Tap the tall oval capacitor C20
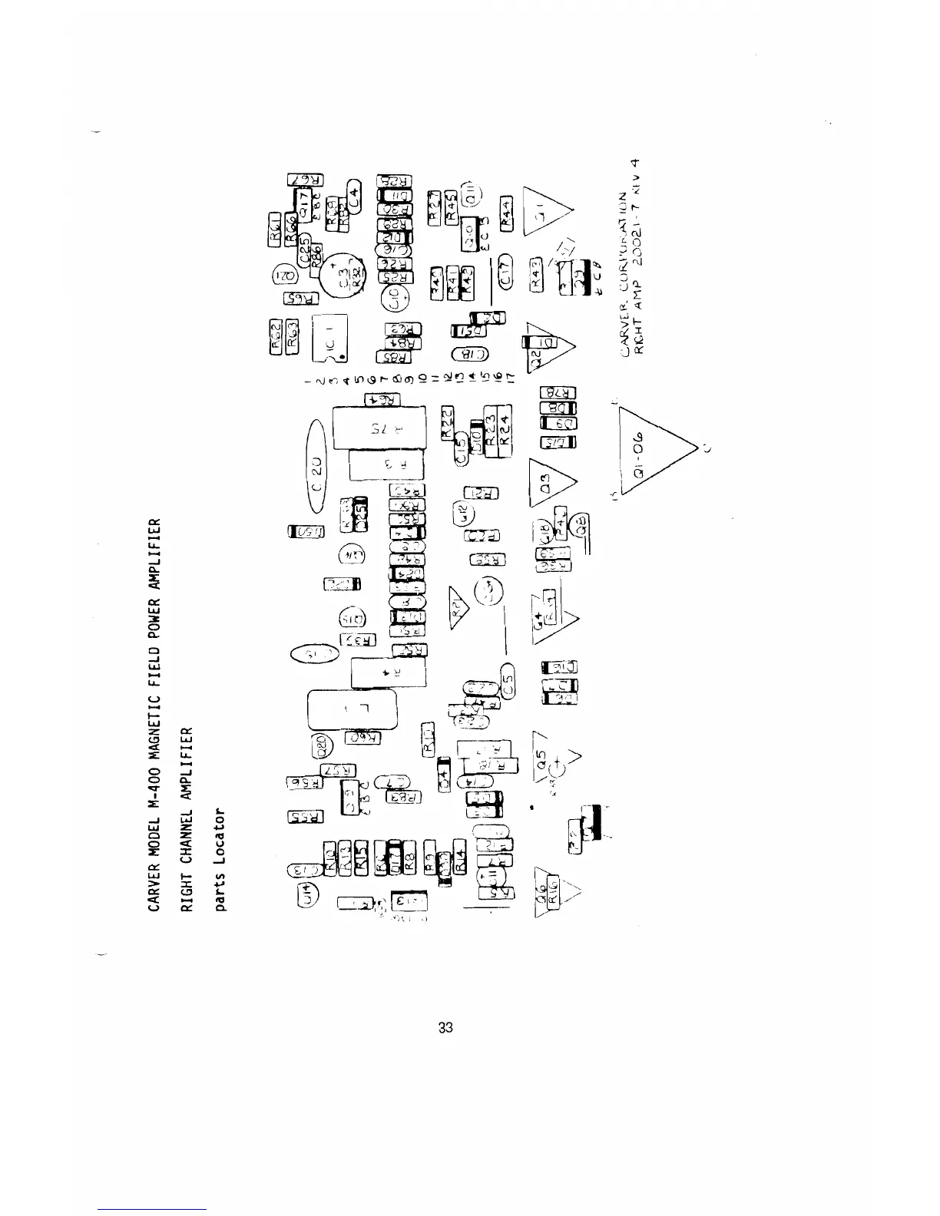(318, 465)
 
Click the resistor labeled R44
(506, 211)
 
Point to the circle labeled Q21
(285, 278)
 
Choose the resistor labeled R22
(447, 423)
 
